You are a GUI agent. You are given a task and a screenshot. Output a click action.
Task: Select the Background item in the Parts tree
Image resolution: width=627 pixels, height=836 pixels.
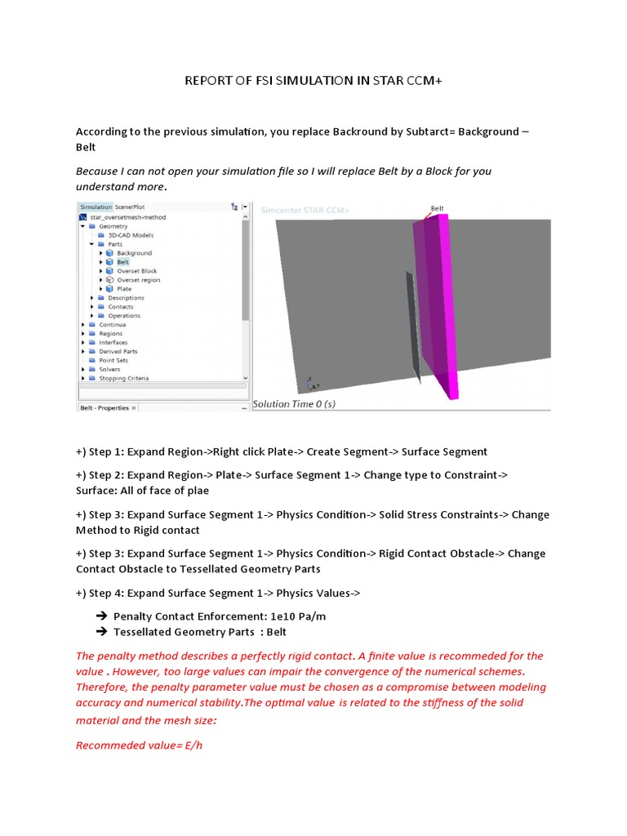pyautogui.click(x=134, y=253)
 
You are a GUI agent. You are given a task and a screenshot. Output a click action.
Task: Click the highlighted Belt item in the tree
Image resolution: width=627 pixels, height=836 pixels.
pyautogui.click(x=122, y=262)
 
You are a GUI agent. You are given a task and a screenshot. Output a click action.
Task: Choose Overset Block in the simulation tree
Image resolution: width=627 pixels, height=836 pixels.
pyautogui.click(x=136, y=271)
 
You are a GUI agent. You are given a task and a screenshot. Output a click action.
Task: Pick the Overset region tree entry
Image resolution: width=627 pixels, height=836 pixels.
pyautogui.click(x=138, y=280)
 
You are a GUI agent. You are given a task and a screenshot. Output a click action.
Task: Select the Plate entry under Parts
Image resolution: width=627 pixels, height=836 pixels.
pyautogui.click(x=124, y=289)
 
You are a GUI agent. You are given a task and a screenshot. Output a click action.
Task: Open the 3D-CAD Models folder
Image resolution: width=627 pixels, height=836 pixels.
pyautogui.click(x=130, y=235)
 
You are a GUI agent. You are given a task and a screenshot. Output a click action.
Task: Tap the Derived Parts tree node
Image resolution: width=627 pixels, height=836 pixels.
pyautogui.click(x=118, y=351)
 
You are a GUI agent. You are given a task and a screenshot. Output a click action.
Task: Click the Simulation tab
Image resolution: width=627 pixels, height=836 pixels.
pyautogui.click(x=95, y=207)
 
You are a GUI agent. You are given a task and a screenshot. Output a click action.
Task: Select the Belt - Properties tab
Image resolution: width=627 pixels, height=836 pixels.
pyautogui.click(x=104, y=407)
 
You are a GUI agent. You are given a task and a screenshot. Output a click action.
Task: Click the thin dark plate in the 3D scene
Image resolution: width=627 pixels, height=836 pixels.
pyautogui.click(x=413, y=327)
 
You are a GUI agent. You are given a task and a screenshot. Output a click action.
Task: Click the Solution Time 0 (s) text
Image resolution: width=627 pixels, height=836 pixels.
pyautogui.click(x=294, y=403)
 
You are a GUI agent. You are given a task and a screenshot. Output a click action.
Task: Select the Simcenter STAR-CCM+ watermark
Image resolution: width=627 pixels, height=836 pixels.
pyautogui.click(x=305, y=211)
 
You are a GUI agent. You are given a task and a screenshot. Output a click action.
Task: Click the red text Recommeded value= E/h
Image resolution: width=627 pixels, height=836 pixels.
pyautogui.click(x=139, y=745)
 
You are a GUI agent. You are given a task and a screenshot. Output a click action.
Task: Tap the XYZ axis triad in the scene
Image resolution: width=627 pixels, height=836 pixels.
pyautogui.click(x=311, y=383)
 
